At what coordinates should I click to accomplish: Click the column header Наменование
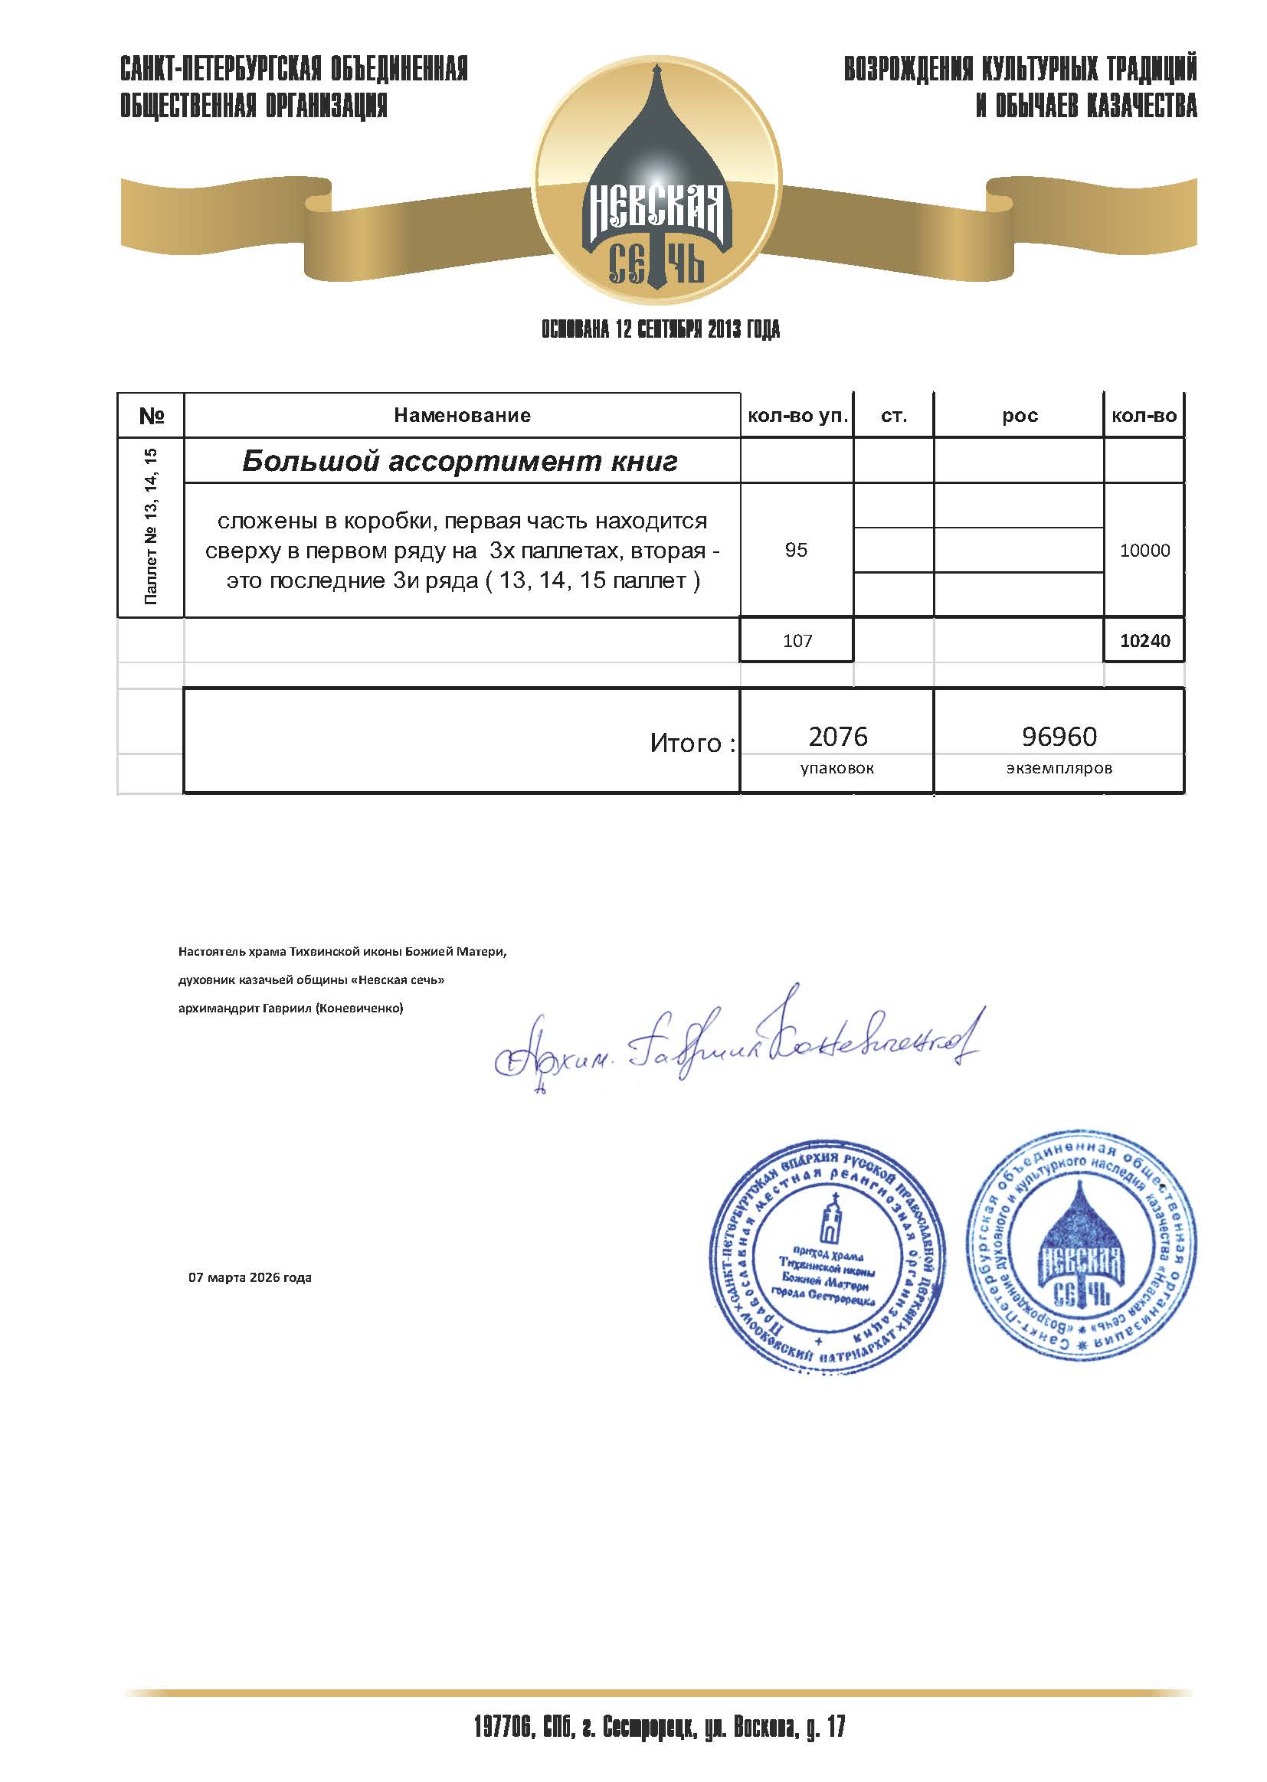[x=462, y=415]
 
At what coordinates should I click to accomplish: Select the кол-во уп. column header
[x=797, y=416]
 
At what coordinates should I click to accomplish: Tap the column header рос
[x=1019, y=416]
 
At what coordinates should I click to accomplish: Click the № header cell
[x=151, y=416]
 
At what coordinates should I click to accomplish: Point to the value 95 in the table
[x=796, y=550]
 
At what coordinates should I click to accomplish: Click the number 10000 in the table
[x=1144, y=551]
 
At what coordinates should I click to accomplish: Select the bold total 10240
[x=1144, y=641]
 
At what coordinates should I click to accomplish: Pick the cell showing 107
[x=797, y=641]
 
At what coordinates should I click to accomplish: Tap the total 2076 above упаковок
[x=838, y=736]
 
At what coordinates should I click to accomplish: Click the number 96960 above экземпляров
[x=1059, y=736]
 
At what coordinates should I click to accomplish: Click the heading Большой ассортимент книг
[x=460, y=461]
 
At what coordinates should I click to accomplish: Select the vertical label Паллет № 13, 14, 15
[x=151, y=526]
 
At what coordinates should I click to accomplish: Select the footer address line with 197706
[x=660, y=1728]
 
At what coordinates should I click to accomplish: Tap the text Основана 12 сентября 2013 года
[x=661, y=330]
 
